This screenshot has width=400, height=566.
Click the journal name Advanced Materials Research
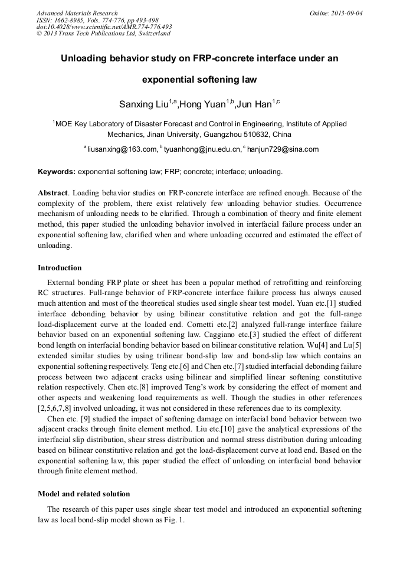(77, 13)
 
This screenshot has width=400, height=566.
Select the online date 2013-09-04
(346, 13)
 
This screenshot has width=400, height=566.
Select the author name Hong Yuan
(202, 104)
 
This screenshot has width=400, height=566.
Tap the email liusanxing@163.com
(122, 150)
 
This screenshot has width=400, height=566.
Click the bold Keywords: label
(57, 172)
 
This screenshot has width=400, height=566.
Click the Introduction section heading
(60, 268)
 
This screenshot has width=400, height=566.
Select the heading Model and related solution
(84, 493)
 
